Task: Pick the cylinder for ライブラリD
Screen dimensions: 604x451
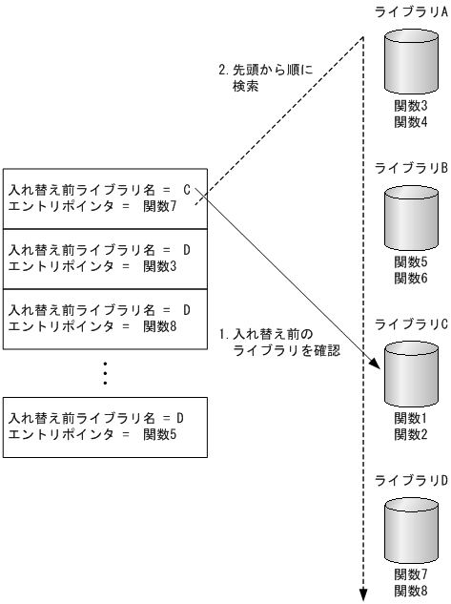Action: point(412,532)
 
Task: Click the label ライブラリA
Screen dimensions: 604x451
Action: point(413,10)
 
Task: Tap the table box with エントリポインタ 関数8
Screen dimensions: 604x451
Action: point(105,320)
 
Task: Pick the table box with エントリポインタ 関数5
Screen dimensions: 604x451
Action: point(105,427)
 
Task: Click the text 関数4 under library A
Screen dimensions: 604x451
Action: point(412,122)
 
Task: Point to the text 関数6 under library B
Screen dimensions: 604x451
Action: point(412,278)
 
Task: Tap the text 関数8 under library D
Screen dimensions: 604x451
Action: point(412,591)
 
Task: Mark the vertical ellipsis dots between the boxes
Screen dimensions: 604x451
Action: point(105,372)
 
